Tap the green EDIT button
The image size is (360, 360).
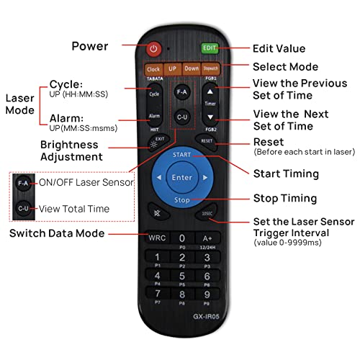click(210, 49)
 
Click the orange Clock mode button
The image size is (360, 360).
click(153, 69)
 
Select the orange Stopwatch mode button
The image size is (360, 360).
click(210, 69)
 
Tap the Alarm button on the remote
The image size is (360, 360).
click(153, 115)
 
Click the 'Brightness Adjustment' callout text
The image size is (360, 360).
click(81, 150)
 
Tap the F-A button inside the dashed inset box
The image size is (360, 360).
click(23, 182)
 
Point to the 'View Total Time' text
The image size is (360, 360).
click(75, 210)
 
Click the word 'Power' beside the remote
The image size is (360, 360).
click(90, 47)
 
